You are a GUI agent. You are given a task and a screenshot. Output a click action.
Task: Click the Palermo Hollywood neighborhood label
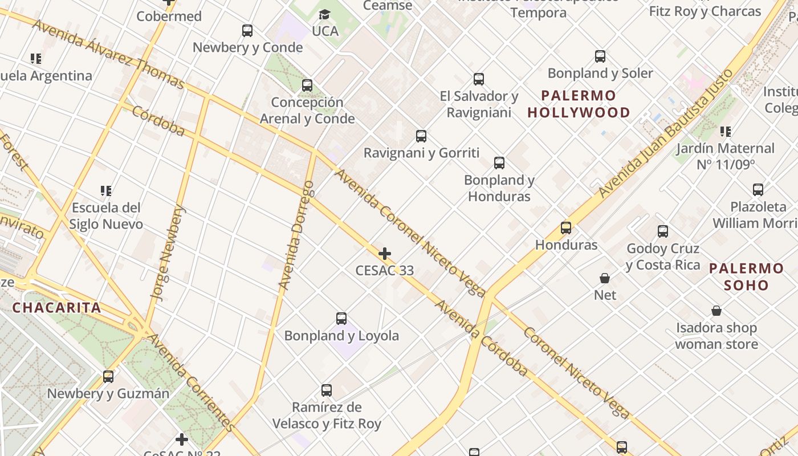[579, 104]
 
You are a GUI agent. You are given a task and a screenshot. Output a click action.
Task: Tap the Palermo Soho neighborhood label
[746, 276]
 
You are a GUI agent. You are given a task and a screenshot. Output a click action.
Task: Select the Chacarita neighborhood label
[56, 308]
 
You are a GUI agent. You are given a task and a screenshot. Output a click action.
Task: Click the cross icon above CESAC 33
[385, 254]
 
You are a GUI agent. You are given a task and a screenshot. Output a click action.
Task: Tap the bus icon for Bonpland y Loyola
[341, 319]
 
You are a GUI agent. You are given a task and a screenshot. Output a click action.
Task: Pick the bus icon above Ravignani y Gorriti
[421, 136]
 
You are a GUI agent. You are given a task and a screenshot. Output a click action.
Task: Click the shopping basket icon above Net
[605, 278]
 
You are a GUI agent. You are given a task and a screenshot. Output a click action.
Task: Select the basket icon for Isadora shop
[716, 311]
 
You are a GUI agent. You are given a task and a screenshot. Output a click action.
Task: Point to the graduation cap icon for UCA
[325, 14]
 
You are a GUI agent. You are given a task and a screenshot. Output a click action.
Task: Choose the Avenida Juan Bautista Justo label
[666, 133]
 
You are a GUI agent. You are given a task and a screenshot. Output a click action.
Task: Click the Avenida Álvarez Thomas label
[108, 55]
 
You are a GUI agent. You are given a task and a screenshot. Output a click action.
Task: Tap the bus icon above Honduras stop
[566, 228]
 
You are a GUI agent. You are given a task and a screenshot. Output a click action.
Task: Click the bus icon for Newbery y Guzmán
[108, 376]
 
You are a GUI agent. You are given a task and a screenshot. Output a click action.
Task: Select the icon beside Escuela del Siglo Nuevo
[105, 190]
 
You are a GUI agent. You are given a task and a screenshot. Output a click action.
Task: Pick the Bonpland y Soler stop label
[600, 74]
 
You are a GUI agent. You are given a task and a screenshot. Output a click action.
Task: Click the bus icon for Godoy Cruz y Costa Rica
[663, 231]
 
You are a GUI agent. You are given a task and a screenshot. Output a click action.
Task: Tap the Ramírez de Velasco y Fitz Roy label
[327, 416]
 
